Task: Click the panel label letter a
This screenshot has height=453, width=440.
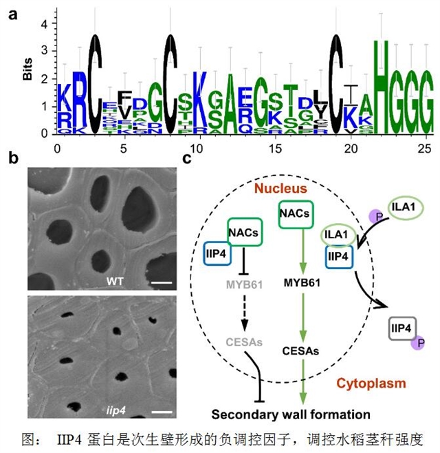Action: pos(12,14)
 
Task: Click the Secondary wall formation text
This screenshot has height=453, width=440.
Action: pos(291,414)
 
